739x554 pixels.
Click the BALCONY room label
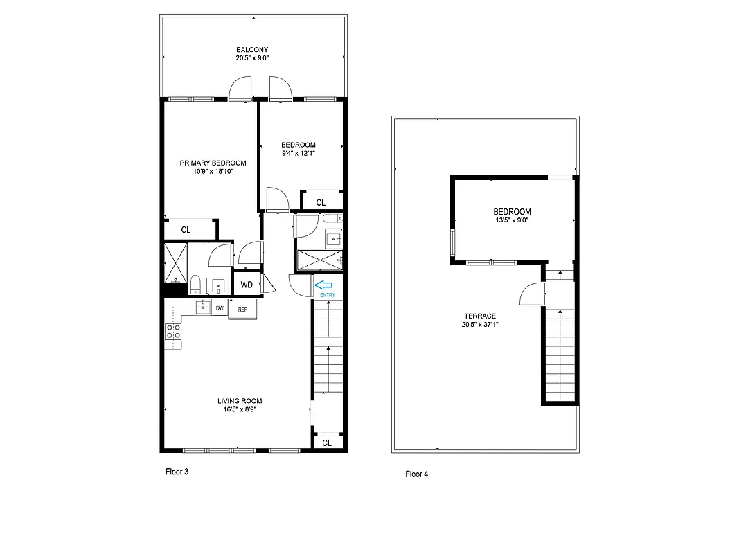click(x=251, y=50)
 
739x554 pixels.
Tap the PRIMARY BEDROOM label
click(x=213, y=163)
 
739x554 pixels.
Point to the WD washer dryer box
click(x=246, y=285)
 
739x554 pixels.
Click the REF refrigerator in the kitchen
click(x=242, y=309)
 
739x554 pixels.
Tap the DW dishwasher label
click(x=220, y=308)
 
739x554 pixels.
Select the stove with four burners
click(x=173, y=336)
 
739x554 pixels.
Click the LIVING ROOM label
click(x=240, y=401)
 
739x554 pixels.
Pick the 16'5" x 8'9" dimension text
click(x=240, y=409)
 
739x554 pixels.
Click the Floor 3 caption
click(x=177, y=472)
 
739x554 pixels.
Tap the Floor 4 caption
click(x=416, y=474)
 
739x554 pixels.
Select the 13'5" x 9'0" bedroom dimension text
click(x=512, y=221)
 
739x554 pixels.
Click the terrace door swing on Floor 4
click(x=531, y=295)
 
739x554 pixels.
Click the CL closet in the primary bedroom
click(x=186, y=230)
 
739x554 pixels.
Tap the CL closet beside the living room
click(x=327, y=443)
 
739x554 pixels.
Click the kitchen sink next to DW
click(x=202, y=307)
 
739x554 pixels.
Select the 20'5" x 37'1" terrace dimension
click(x=481, y=324)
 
